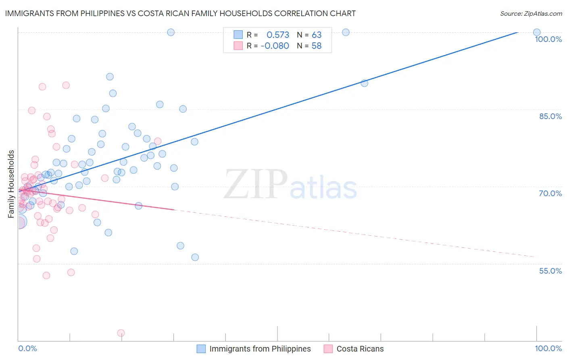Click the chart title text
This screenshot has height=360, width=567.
tap(180, 13)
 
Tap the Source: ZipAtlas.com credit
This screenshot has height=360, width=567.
tap(531, 13)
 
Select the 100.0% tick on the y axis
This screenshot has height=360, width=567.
tap(548, 39)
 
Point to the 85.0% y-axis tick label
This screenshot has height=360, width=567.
tap(550, 116)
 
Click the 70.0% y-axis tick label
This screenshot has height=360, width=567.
tap(550, 193)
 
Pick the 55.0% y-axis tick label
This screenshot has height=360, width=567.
tap(550, 271)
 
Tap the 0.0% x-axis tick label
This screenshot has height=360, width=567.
tap(27, 348)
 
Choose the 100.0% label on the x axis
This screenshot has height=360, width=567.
tap(548, 348)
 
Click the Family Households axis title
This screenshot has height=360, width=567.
tap(11, 184)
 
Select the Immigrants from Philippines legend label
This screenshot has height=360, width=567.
tap(260, 349)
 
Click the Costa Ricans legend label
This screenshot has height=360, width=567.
tap(360, 349)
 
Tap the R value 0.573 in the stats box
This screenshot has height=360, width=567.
tap(278, 35)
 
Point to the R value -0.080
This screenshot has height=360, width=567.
tap(275, 46)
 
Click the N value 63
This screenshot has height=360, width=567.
tap(317, 35)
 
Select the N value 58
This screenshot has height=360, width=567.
tap(317, 46)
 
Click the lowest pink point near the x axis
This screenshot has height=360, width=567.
tap(121, 333)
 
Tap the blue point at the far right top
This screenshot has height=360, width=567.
tap(537, 32)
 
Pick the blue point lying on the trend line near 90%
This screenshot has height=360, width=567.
tap(364, 83)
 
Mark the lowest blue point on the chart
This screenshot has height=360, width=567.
tap(195, 257)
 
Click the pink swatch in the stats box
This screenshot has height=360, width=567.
tap(238, 46)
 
